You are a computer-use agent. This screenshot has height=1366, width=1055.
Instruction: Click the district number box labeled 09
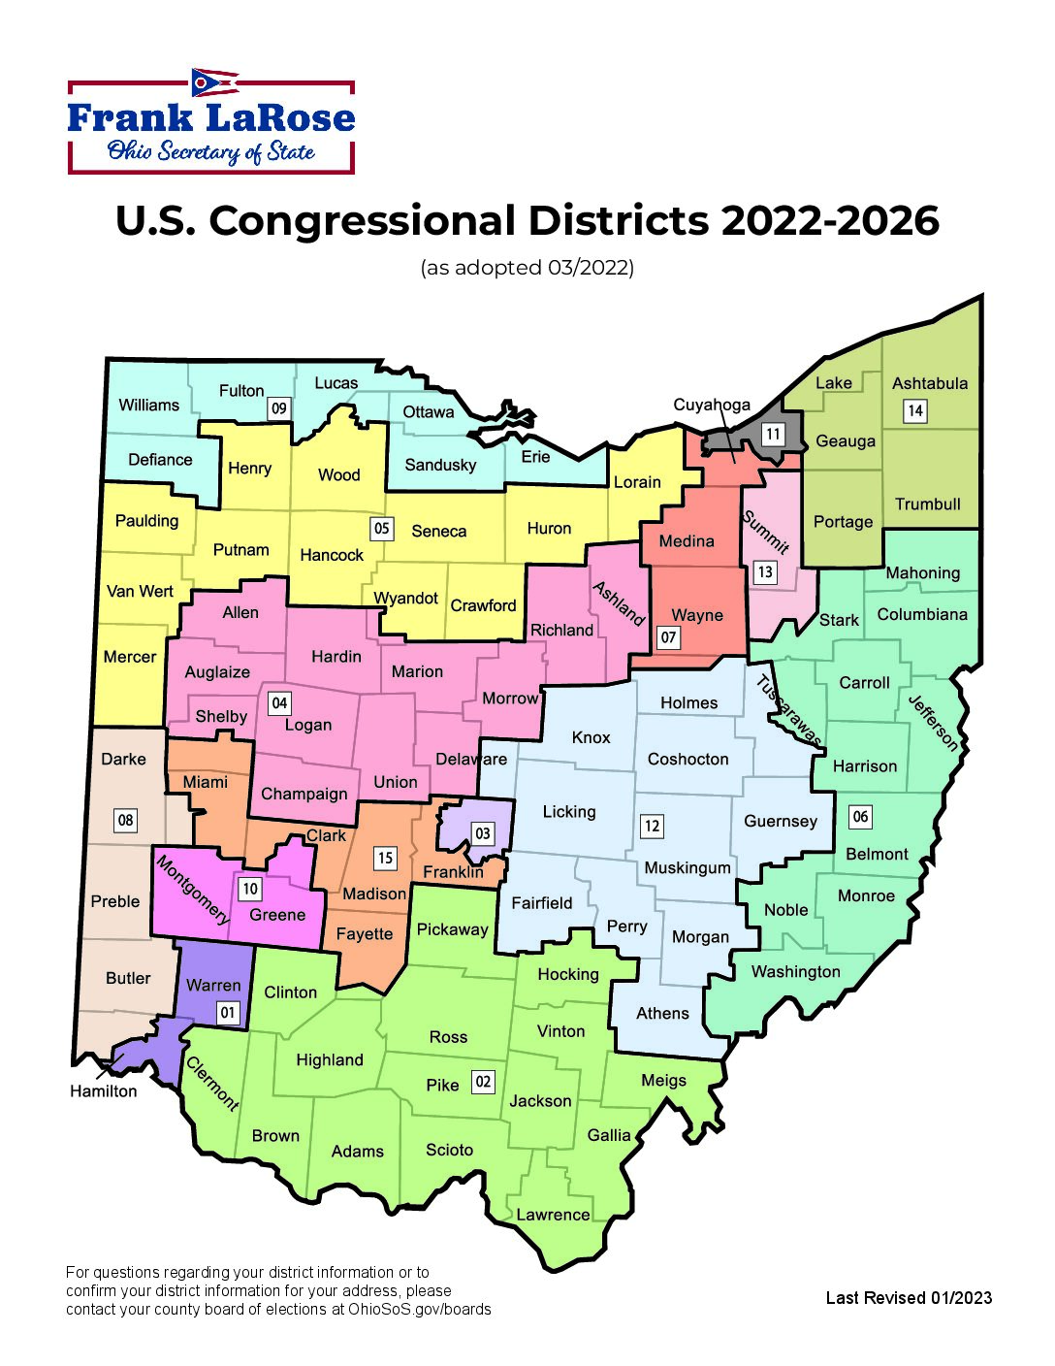(x=279, y=408)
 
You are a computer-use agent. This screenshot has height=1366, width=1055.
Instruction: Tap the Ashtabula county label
(x=929, y=383)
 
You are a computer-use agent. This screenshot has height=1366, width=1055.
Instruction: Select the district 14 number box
(x=915, y=411)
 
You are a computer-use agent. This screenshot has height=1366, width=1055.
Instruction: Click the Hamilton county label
(x=104, y=1091)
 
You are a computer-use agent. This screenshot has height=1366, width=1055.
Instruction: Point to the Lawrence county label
(x=553, y=1215)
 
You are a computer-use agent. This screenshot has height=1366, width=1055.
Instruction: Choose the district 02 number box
(x=483, y=1081)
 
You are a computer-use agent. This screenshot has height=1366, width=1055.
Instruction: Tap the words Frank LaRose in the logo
(x=211, y=118)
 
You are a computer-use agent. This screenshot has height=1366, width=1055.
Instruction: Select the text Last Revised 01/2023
(x=909, y=1298)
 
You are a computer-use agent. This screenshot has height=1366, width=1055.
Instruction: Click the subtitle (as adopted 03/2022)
(x=527, y=268)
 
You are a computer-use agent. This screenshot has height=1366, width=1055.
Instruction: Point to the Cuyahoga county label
(x=712, y=405)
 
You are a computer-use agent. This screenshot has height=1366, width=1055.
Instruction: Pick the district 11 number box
(x=772, y=434)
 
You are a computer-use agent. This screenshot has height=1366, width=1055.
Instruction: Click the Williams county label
(x=148, y=405)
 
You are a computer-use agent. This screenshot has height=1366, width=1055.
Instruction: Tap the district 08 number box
(x=125, y=820)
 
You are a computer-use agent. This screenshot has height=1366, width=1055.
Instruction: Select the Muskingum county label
(x=687, y=867)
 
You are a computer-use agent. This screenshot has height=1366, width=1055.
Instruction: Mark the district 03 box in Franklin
(x=482, y=832)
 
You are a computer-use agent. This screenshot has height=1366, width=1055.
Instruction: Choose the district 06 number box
(x=860, y=816)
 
